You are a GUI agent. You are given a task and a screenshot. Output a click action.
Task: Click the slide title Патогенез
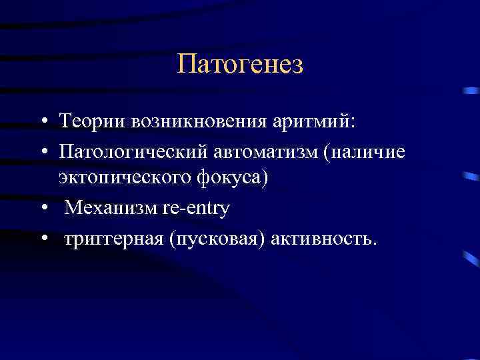point(240,65)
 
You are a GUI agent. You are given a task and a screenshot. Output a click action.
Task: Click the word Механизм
point(111,209)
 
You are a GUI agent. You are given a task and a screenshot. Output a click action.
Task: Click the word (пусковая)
point(218,239)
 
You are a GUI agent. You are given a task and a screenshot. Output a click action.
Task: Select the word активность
point(320,239)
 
